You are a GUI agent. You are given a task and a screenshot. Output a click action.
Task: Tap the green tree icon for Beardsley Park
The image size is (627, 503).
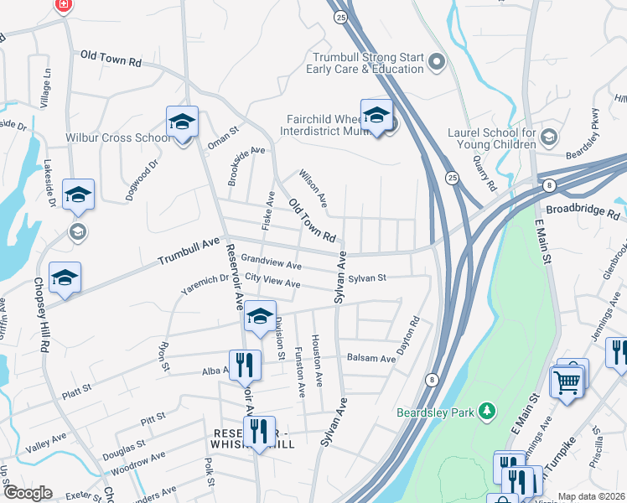coord(484,411)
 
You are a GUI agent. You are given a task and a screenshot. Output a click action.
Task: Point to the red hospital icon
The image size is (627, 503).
coord(63,5)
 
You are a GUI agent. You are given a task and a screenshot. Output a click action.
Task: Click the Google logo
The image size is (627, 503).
coord(27,493)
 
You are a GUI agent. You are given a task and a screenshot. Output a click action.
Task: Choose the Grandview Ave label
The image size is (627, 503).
coord(271,262)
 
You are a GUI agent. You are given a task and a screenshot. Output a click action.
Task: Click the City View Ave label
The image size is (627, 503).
coord(272,283)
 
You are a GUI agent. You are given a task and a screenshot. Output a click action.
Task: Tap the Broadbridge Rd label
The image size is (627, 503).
coord(582,210)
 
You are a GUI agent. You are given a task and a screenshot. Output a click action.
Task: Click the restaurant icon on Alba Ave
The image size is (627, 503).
coord(244,364)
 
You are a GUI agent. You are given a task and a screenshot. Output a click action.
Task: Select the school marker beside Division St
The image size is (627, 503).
coord(260,316)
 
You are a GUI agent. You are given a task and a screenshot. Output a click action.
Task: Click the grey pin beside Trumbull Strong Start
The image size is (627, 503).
coord(437,61)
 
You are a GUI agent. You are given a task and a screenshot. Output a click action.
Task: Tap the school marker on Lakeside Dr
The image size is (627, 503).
coord(78,194)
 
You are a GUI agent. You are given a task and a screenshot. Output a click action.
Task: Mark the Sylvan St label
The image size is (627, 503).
coord(367,277)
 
